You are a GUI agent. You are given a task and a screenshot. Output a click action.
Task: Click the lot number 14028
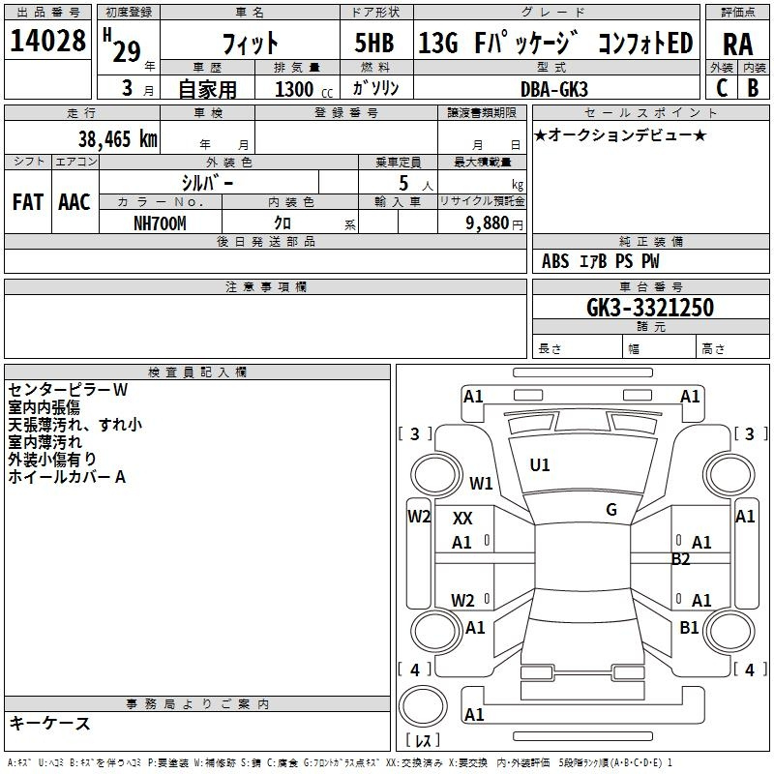[x=47, y=41]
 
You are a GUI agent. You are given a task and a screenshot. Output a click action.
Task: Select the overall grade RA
[x=737, y=45]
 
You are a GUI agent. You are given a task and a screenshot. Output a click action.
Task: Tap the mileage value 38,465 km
[x=117, y=139]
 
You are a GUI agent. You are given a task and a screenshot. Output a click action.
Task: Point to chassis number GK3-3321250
[x=650, y=308]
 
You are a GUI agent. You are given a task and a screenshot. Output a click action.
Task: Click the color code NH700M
[x=160, y=223]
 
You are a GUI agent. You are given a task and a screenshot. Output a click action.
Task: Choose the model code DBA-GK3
[x=554, y=89]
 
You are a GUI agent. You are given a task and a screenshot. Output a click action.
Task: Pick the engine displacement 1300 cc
[x=304, y=89]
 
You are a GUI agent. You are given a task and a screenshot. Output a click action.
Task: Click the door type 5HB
[x=374, y=43]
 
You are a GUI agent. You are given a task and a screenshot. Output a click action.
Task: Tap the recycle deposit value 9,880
[x=488, y=223]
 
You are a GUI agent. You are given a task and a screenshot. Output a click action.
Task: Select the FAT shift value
[x=28, y=202]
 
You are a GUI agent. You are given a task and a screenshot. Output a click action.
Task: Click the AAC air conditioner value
[x=74, y=202]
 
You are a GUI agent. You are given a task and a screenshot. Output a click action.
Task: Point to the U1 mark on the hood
[x=540, y=465]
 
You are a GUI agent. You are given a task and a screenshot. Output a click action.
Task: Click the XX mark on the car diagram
[x=462, y=519]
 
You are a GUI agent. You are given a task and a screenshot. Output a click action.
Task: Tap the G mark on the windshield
[x=611, y=510]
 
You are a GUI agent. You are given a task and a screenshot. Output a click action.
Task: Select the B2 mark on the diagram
[x=680, y=559]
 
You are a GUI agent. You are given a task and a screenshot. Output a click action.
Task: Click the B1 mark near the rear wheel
[x=689, y=628]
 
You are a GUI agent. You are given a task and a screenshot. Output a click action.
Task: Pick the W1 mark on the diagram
[x=481, y=483]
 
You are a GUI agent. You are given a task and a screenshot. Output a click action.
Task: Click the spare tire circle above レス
[x=423, y=705]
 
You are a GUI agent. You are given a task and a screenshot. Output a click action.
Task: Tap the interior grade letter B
[x=753, y=88]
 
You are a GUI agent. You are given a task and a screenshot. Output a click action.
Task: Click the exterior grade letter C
[x=722, y=88]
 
